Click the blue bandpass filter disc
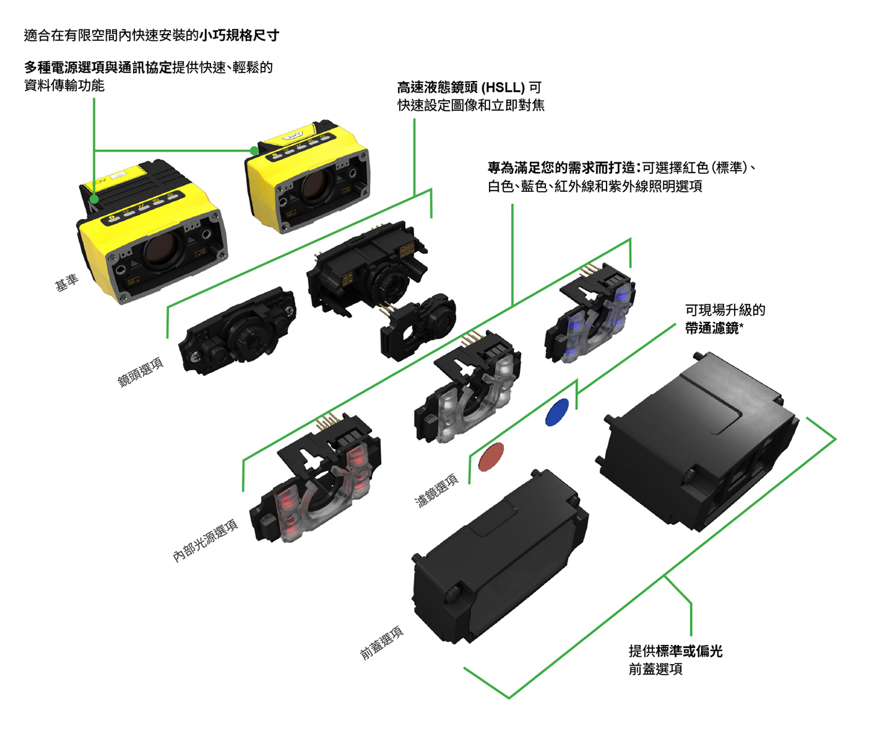point(557,412)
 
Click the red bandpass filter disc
point(491,457)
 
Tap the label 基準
point(67,282)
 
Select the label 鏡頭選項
point(140,372)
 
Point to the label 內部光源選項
point(206,541)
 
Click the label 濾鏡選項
point(436,490)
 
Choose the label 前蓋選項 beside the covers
point(382,643)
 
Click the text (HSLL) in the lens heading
point(503,88)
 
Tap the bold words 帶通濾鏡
point(711,328)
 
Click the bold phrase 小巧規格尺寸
point(239,35)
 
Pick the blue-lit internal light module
point(590,313)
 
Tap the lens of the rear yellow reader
point(315,185)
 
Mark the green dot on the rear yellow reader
point(254,150)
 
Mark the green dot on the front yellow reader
point(94,199)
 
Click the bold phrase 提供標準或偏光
point(675,651)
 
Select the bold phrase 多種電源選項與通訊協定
point(98,67)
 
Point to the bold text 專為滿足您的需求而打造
point(562,168)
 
